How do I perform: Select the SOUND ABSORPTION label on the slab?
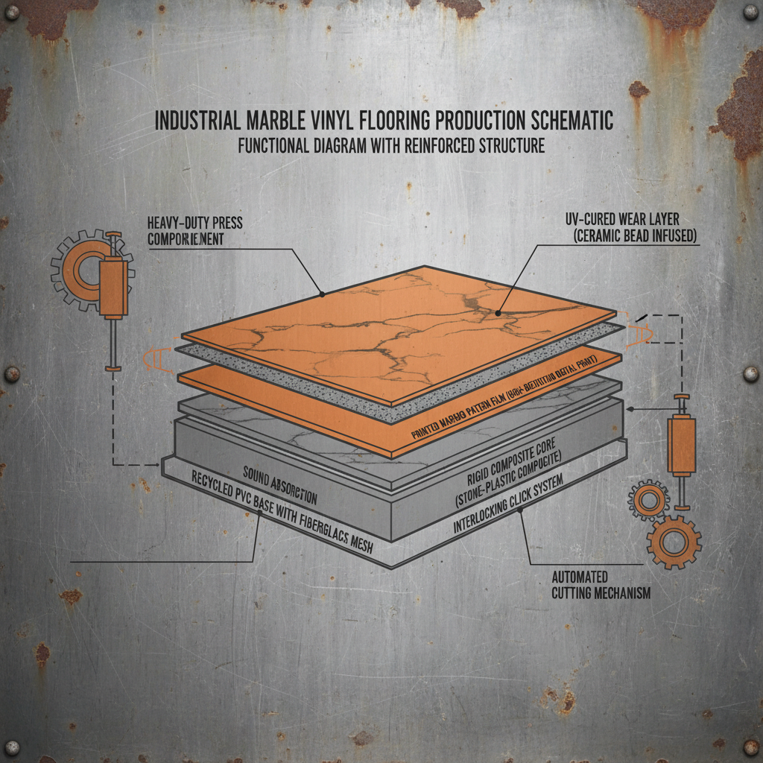(279, 485)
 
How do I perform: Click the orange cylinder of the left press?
(113, 279)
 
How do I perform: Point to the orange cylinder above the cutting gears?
(680, 444)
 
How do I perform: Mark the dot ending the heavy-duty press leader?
(322, 294)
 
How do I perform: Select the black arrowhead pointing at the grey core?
(631, 409)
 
